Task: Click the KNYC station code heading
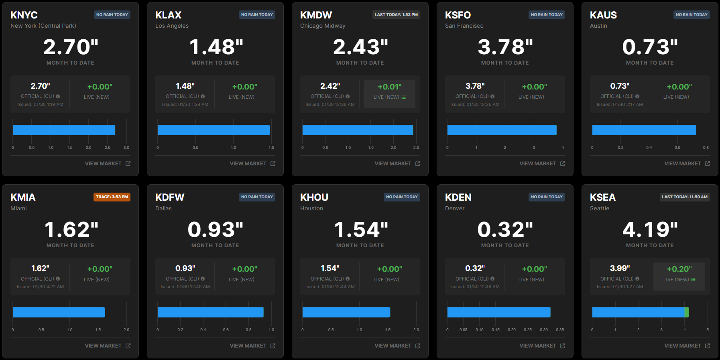(24, 15)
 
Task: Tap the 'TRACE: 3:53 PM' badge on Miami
(112, 197)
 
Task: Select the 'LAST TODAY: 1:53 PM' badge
(396, 15)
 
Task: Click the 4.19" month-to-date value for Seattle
(650, 230)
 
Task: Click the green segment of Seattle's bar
(687, 312)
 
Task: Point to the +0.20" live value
(679, 269)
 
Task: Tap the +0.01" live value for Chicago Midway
(389, 87)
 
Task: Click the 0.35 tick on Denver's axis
(560, 330)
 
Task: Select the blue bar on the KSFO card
(502, 130)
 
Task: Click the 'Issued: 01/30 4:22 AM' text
(40, 287)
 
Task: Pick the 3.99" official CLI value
(620, 268)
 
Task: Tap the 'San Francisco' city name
(464, 26)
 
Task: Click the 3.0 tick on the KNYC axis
(126, 148)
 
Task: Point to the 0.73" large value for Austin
(650, 47)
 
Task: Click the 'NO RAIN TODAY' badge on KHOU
(402, 197)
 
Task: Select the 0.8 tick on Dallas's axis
(249, 330)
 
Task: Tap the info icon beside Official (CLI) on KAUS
(637, 96)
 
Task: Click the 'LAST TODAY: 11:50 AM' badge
(685, 197)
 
